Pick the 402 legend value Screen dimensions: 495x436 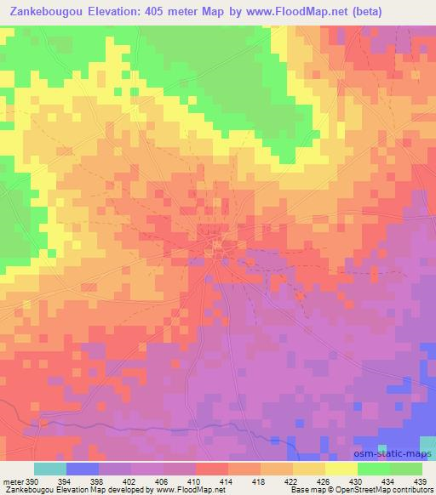click(132, 481)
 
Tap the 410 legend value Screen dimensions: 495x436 click(195, 481)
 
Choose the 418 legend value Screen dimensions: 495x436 click(260, 481)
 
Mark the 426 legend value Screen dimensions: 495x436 click(324, 481)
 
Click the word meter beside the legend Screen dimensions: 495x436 click(12, 481)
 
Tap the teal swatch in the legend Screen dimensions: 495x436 click(50, 469)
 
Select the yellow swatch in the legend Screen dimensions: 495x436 click(341, 469)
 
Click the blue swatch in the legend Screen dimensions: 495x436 click(83, 469)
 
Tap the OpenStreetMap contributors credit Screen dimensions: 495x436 click(375, 490)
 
